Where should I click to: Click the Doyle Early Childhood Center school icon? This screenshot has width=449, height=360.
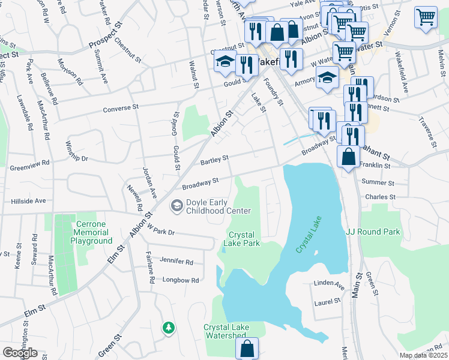point(177,206)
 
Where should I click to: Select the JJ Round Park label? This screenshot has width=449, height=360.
point(373,231)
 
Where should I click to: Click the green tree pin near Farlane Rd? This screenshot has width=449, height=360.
point(169,328)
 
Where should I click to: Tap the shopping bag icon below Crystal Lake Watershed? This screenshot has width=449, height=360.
point(247,348)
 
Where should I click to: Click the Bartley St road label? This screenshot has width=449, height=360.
point(214,160)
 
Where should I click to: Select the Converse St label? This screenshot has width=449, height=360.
point(121,107)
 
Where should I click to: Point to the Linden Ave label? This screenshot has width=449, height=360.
point(330,284)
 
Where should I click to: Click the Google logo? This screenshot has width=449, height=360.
point(20,353)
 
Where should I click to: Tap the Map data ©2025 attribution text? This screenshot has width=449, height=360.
point(423,355)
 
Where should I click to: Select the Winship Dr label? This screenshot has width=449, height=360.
point(75,153)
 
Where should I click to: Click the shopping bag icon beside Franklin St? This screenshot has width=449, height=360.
point(349,157)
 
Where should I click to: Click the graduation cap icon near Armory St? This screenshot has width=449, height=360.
point(327,78)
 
